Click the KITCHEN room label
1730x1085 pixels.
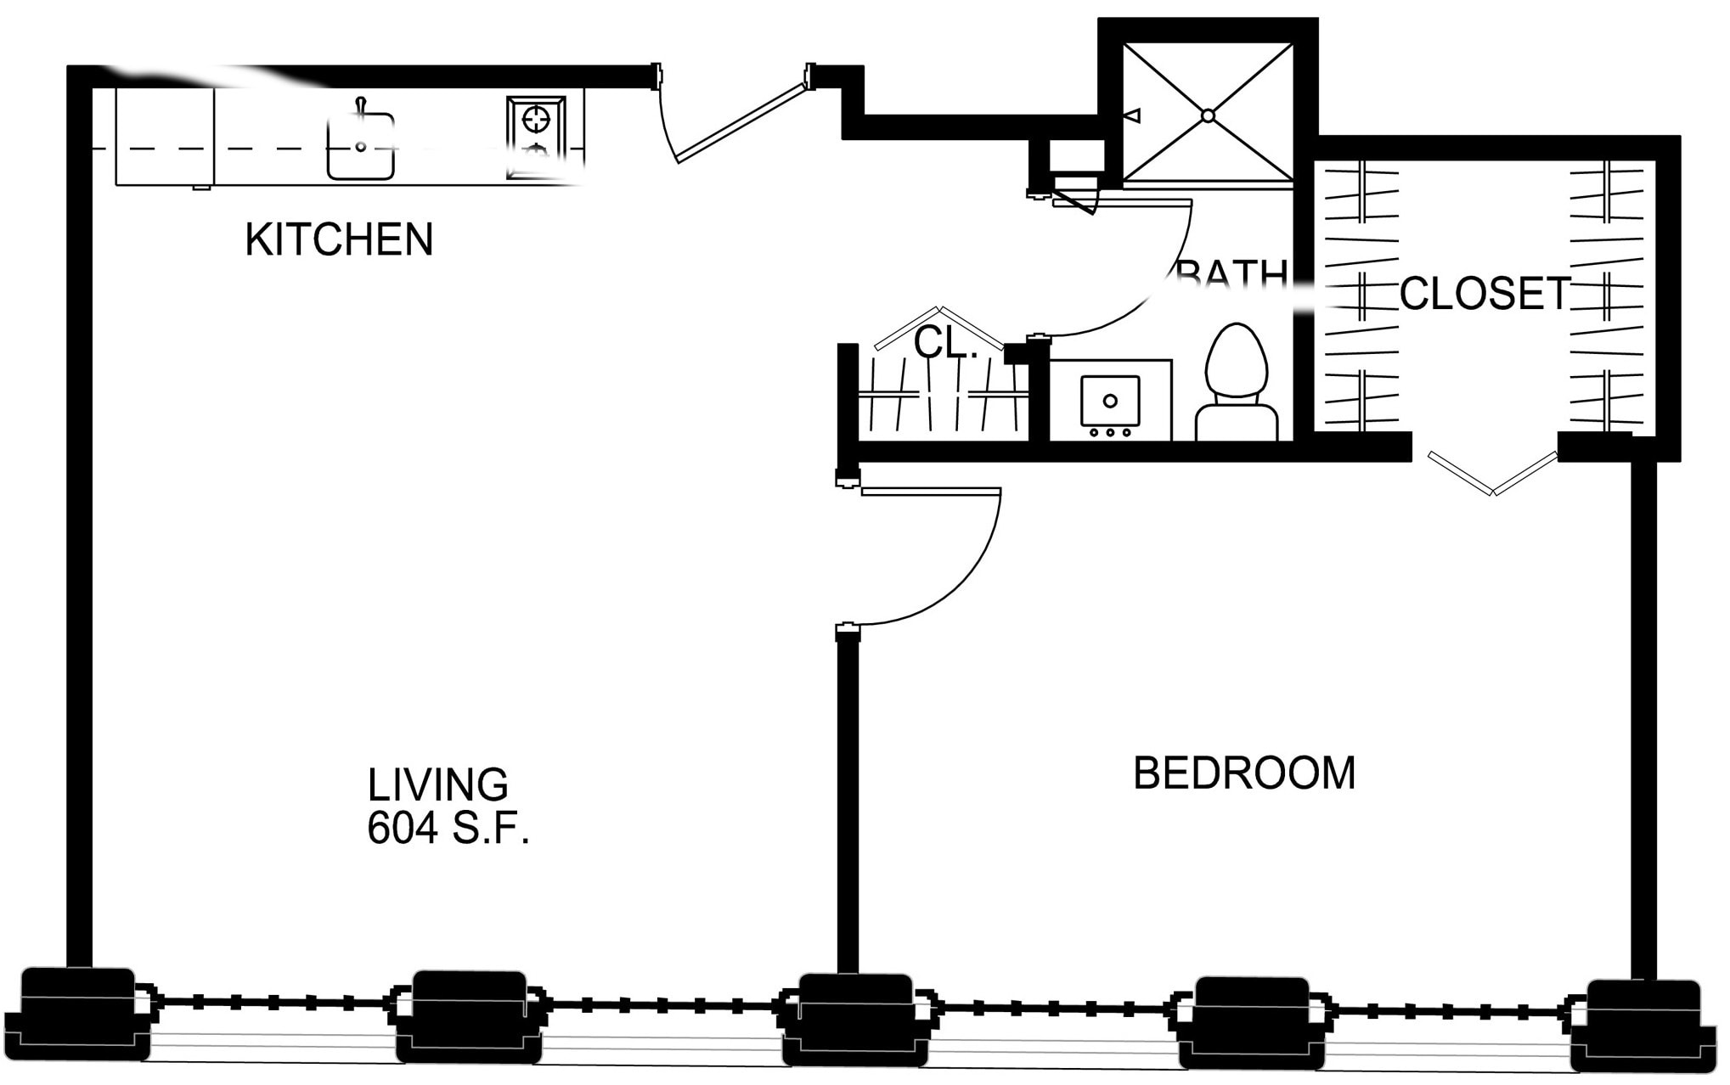(340, 239)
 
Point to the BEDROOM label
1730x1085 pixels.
(1244, 773)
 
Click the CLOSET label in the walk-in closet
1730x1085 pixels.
(1484, 294)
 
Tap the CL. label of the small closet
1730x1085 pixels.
(944, 344)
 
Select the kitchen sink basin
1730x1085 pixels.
(361, 147)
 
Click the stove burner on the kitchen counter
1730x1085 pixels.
(536, 120)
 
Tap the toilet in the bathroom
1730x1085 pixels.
(1237, 382)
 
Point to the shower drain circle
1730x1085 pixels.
(1208, 115)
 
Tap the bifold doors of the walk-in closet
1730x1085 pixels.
(1493, 475)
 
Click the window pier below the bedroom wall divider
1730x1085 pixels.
(856, 1019)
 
